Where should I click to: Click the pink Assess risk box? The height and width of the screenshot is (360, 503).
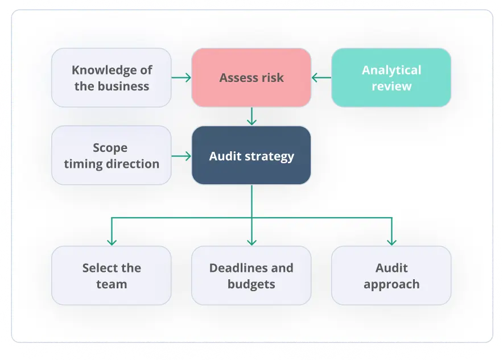[x=251, y=78]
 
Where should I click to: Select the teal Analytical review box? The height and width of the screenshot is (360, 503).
[x=391, y=78]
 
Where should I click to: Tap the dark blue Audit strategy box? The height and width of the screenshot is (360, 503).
[x=251, y=155]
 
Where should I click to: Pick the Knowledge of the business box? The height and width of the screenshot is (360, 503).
[x=112, y=78]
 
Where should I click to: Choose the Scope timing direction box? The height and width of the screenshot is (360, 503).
[x=112, y=155]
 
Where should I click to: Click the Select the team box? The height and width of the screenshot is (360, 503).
[x=112, y=276]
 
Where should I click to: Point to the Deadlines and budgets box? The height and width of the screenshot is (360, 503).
[x=251, y=276]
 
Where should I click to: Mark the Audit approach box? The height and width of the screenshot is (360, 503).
[x=391, y=276]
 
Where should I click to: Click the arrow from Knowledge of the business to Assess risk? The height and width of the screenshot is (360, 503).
[x=182, y=78]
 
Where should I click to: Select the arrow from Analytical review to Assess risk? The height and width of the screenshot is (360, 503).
[x=321, y=78]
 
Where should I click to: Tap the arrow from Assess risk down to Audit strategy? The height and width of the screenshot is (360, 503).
[x=251, y=117]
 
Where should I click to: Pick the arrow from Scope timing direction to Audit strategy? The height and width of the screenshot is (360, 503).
[x=182, y=155]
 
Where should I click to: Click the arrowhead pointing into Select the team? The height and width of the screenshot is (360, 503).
[x=112, y=241]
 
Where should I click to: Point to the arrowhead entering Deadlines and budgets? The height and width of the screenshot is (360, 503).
[x=251, y=241]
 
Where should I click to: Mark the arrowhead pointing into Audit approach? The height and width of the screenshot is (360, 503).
[x=391, y=241]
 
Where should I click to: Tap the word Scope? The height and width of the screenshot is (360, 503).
[x=110, y=148]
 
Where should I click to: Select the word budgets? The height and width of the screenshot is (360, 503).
[x=251, y=284]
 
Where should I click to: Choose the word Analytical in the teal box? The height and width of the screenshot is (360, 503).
[x=391, y=71]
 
